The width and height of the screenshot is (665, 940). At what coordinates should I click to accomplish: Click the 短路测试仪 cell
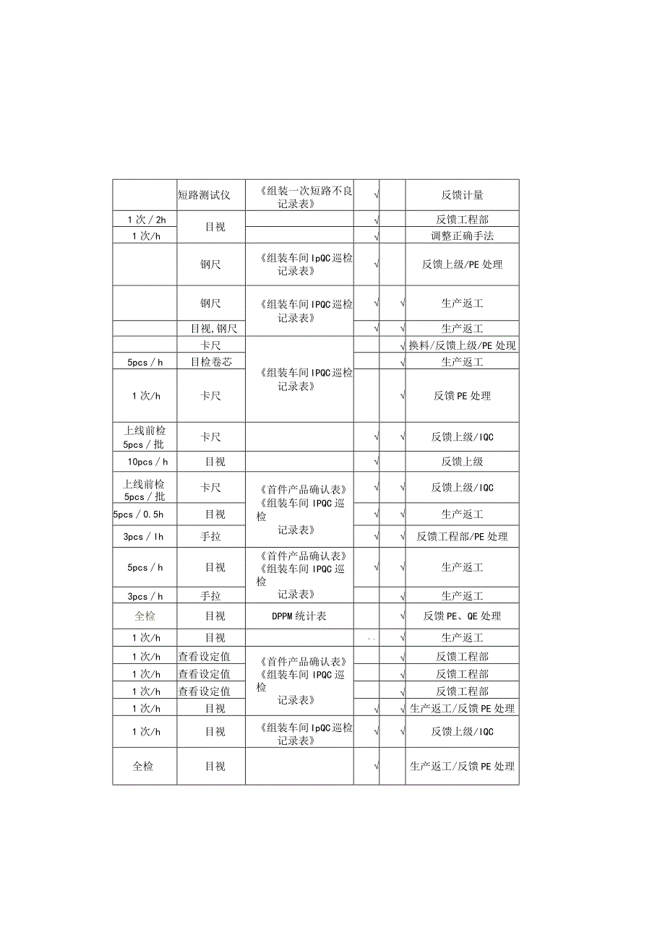click(204, 195)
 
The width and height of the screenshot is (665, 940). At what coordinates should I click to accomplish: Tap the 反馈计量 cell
click(462, 195)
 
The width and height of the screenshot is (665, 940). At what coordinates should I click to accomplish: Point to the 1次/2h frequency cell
click(145, 219)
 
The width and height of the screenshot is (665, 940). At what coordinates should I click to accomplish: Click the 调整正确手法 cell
click(462, 236)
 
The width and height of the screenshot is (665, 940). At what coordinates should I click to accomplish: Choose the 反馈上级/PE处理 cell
click(462, 264)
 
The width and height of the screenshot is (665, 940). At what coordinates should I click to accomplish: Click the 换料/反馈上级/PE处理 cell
click(462, 345)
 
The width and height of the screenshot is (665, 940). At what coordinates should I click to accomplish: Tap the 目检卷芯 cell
click(210, 362)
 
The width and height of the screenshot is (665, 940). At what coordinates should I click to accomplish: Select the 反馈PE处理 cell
click(462, 396)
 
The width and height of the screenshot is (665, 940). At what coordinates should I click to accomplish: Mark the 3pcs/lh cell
click(145, 536)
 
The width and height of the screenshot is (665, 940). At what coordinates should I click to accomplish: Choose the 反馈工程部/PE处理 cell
click(462, 536)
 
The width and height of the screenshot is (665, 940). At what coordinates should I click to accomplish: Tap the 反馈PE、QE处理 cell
click(462, 616)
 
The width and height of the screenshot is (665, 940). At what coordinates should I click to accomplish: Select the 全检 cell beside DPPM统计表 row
click(145, 616)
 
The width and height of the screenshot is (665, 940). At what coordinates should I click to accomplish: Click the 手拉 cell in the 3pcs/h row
click(210, 596)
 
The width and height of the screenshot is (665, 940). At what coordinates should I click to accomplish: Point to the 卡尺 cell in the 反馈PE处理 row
click(210, 396)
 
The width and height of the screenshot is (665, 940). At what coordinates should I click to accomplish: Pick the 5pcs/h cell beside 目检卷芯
click(145, 362)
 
